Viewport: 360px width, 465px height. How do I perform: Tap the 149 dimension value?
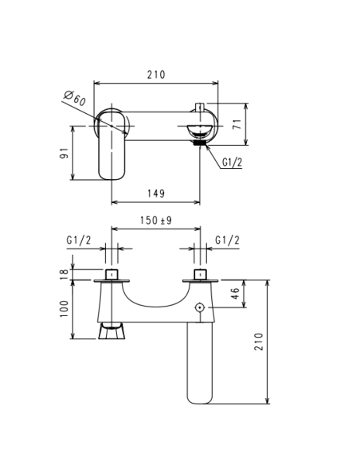[156, 192]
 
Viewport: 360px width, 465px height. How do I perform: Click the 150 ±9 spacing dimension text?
[156, 221]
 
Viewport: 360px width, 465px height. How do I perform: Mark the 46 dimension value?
[235, 294]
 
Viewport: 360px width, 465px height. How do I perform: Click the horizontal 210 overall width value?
[156, 75]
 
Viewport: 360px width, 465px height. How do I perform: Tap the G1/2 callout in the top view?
[232, 162]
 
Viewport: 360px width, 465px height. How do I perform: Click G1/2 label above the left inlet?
[78, 240]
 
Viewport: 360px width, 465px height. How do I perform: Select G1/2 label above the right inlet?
[228, 240]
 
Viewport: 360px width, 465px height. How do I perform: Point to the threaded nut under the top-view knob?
[198, 143]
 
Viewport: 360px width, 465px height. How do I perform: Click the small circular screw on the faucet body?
[199, 307]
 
